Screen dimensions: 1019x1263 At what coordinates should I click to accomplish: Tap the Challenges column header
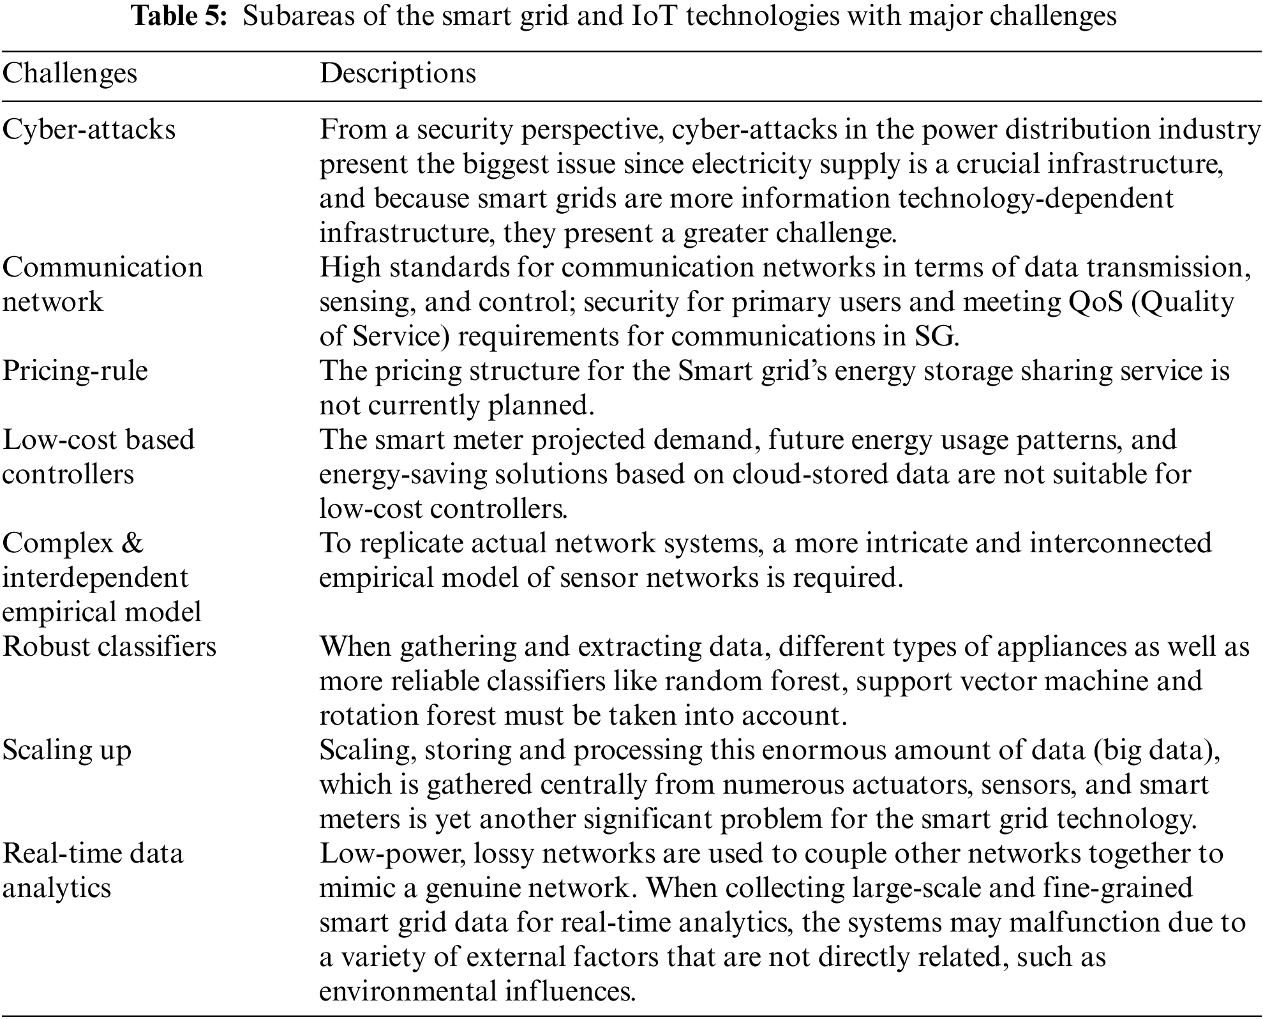tap(70, 73)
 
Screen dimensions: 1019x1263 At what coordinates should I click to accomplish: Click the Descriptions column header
tap(398, 73)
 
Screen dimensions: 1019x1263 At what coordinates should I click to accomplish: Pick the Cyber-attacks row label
tap(89, 130)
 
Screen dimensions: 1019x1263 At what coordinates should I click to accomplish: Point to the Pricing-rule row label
tap(75, 371)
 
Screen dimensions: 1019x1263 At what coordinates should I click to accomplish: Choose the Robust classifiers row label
tap(109, 647)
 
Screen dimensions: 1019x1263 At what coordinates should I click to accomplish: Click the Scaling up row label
tap(66, 750)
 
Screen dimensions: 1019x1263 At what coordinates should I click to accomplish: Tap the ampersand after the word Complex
tap(131, 543)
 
